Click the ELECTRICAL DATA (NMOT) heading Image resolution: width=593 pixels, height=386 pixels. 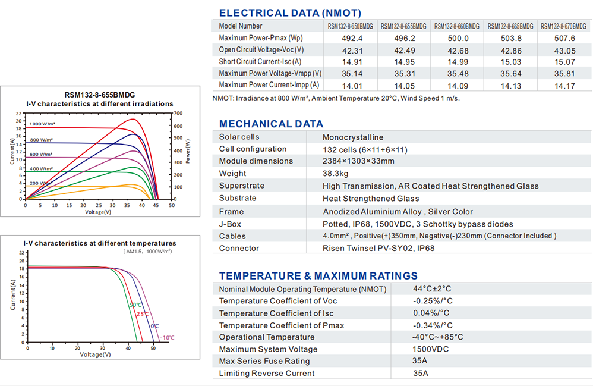pyautogui.click(x=289, y=13)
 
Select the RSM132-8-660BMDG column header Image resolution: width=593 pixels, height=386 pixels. pyautogui.click(x=456, y=26)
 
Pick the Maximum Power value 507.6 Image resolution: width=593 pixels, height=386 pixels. pyautogui.click(x=564, y=38)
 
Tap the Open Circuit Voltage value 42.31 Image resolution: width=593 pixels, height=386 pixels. pyautogui.click(x=349, y=50)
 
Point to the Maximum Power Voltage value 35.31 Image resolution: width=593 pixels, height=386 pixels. pyautogui.click(x=402, y=74)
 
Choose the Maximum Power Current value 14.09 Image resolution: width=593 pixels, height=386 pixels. pyautogui.click(x=456, y=86)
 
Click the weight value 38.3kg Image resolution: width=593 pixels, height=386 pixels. pyautogui.click(x=335, y=174)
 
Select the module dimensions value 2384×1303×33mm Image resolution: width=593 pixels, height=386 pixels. pyautogui.click(x=358, y=161)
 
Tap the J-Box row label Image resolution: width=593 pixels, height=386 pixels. pyautogui.click(x=230, y=224)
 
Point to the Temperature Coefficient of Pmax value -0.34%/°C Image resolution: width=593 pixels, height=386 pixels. pyautogui.click(x=433, y=325)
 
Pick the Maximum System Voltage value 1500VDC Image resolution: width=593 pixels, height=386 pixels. pyautogui.click(x=433, y=349)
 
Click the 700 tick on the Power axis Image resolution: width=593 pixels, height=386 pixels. pyautogui.click(x=178, y=113)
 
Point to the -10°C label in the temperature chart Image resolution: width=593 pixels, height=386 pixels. pyautogui.click(x=167, y=338)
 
